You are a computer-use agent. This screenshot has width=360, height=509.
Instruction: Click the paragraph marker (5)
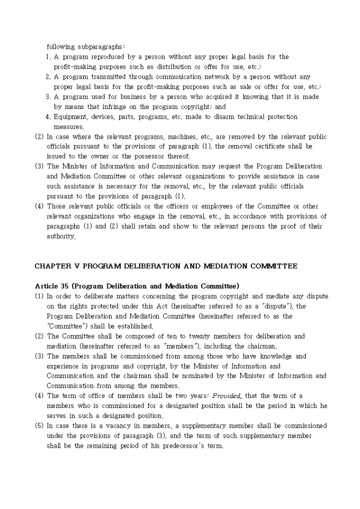click(x=39, y=426)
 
